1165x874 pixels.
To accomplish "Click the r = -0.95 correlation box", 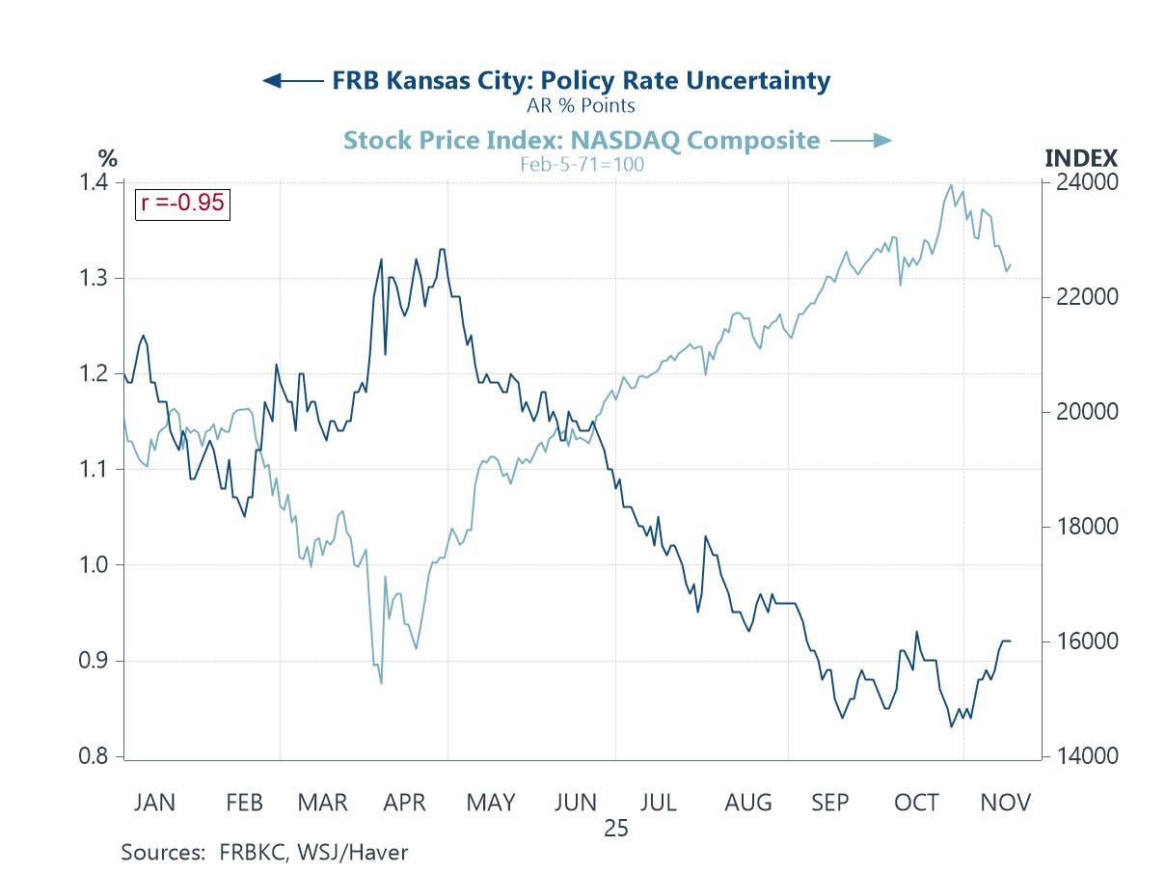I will coord(182,203).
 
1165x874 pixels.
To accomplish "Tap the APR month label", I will coord(405,803).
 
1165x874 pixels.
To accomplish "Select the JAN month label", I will coord(154,803).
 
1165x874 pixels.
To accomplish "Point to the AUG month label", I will coord(748,803).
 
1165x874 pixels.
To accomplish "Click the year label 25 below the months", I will coord(616,829).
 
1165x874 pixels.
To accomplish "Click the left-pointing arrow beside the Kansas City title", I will coord(292,81).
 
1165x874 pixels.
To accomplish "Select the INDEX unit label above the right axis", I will coord(1081,159).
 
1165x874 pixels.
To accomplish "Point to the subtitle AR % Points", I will coord(581,105).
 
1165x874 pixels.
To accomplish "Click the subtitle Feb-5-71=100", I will coord(582,164).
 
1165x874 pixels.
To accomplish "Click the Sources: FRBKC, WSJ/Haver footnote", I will coord(264,853).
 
